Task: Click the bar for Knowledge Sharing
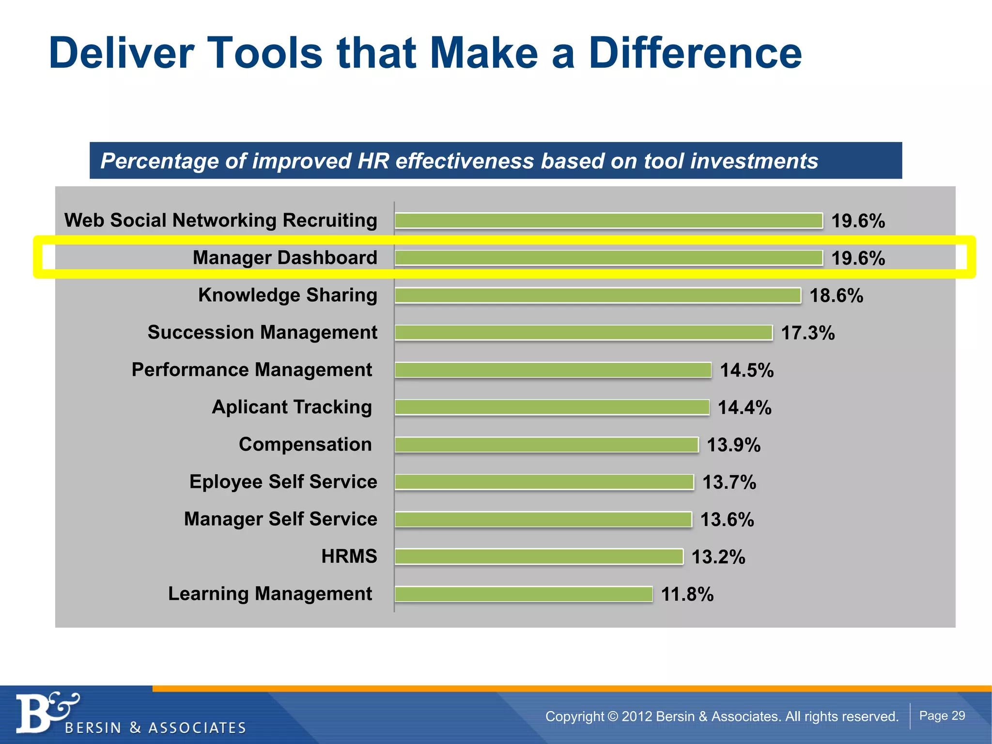click(x=597, y=295)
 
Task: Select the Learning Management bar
click(x=523, y=594)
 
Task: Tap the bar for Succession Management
click(x=583, y=333)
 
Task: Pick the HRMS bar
click(x=539, y=557)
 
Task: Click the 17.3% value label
click(x=807, y=333)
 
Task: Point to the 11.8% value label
click(x=687, y=594)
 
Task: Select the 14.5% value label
click(x=746, y=371)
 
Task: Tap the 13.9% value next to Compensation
click(x=733, y=445)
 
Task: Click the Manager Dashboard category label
click(x=285, y=258)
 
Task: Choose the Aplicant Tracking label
click(x=292, y=407)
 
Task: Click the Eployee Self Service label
click(x=283, y=482)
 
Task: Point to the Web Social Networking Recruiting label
click(x=220, y=220)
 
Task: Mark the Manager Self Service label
click(x=280, y=519)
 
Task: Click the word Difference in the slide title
click(x=695, y=53)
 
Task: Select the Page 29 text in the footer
click(x=942, y=716)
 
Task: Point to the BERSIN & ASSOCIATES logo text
click(x=155, y=728)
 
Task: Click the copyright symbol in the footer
click(x=613, y=716)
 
